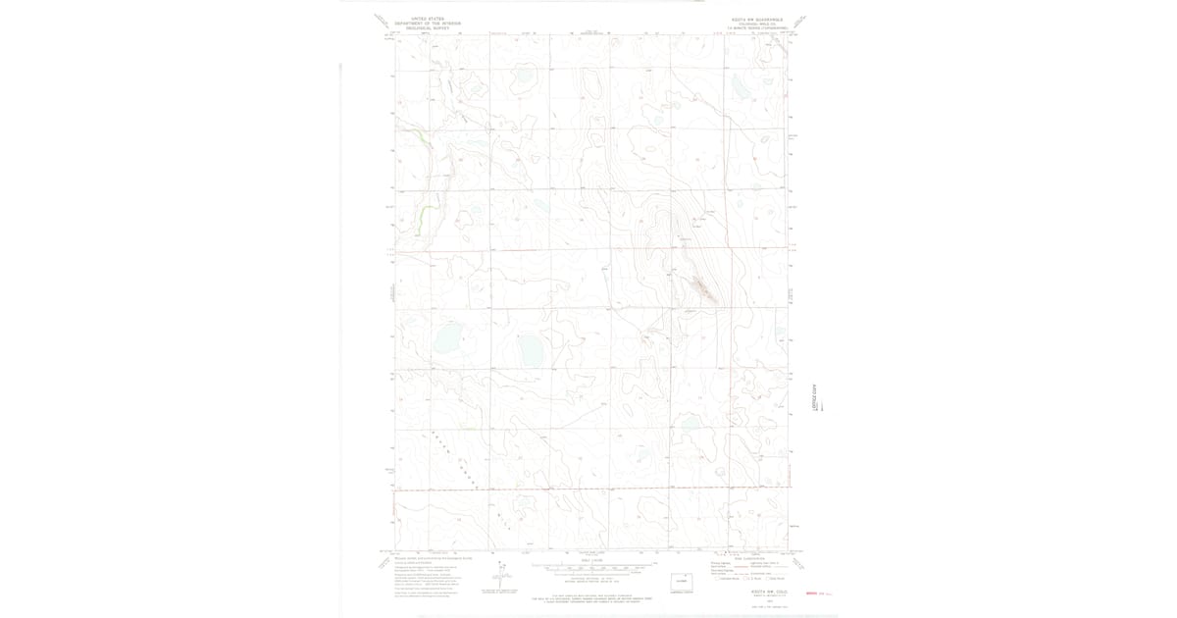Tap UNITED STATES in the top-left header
point(428,18)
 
